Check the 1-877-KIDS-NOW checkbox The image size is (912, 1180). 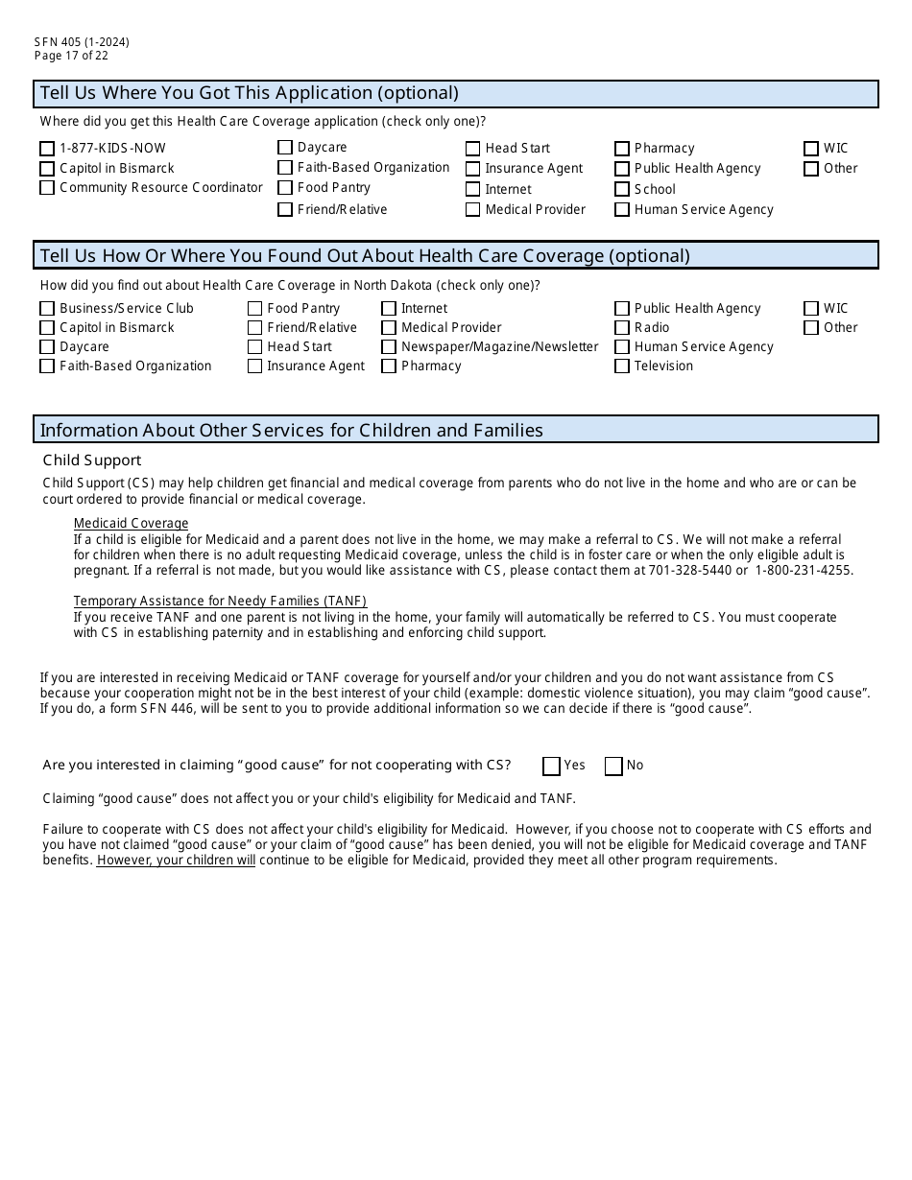point(47,149)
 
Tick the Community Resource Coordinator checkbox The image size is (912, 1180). point(47,188)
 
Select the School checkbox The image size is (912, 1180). point(622,190)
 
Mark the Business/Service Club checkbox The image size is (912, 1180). point(47,309)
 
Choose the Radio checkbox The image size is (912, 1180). point(622,328)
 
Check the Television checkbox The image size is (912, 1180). point(622,366)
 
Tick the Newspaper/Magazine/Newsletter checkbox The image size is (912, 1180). point(389,347)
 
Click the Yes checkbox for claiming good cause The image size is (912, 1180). point(551,766)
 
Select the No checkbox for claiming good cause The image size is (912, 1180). point(613,766)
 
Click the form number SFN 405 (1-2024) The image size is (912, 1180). point(82,42)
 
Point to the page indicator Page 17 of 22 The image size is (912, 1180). point(71,56)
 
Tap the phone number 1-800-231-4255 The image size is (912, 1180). point(804,570)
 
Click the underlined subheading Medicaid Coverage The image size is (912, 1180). point(131,523)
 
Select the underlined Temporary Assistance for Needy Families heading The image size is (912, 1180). point(220,602)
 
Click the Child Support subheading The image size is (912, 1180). point(92,460)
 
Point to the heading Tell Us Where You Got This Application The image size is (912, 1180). point(249,93)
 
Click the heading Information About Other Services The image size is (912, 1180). point(291,430)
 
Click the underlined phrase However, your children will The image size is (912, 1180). point(176,861)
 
